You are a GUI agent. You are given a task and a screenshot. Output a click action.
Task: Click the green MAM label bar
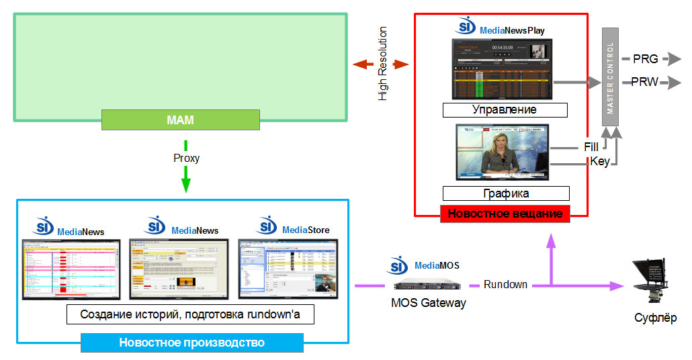[x=180, y=120]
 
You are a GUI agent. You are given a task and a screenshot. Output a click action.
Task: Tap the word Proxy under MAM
[x=186, y=159]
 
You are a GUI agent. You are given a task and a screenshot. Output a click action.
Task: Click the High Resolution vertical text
[x=383, y=64]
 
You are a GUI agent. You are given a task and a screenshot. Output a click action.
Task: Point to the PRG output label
[x=645, y=59]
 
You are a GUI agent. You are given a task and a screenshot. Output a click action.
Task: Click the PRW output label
[x=645, y=83]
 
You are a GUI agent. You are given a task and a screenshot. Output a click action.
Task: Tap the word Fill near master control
[x=591, y=147]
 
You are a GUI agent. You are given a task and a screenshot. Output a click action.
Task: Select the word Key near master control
[x=599, y=162]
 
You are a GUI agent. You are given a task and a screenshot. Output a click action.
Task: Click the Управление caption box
[x=505, y=109]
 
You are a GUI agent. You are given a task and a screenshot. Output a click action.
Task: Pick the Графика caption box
[x=506, y=193]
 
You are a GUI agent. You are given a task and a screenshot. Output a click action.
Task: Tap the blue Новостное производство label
[x=191, y=343]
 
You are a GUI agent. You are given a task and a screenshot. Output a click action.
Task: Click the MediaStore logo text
[x=306, y=230]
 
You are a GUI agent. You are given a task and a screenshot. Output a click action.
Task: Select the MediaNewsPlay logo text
[x=512, y=30]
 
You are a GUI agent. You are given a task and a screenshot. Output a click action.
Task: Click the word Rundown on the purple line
[x=505, y=285]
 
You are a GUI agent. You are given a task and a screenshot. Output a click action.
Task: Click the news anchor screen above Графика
[x=503, y=152]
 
